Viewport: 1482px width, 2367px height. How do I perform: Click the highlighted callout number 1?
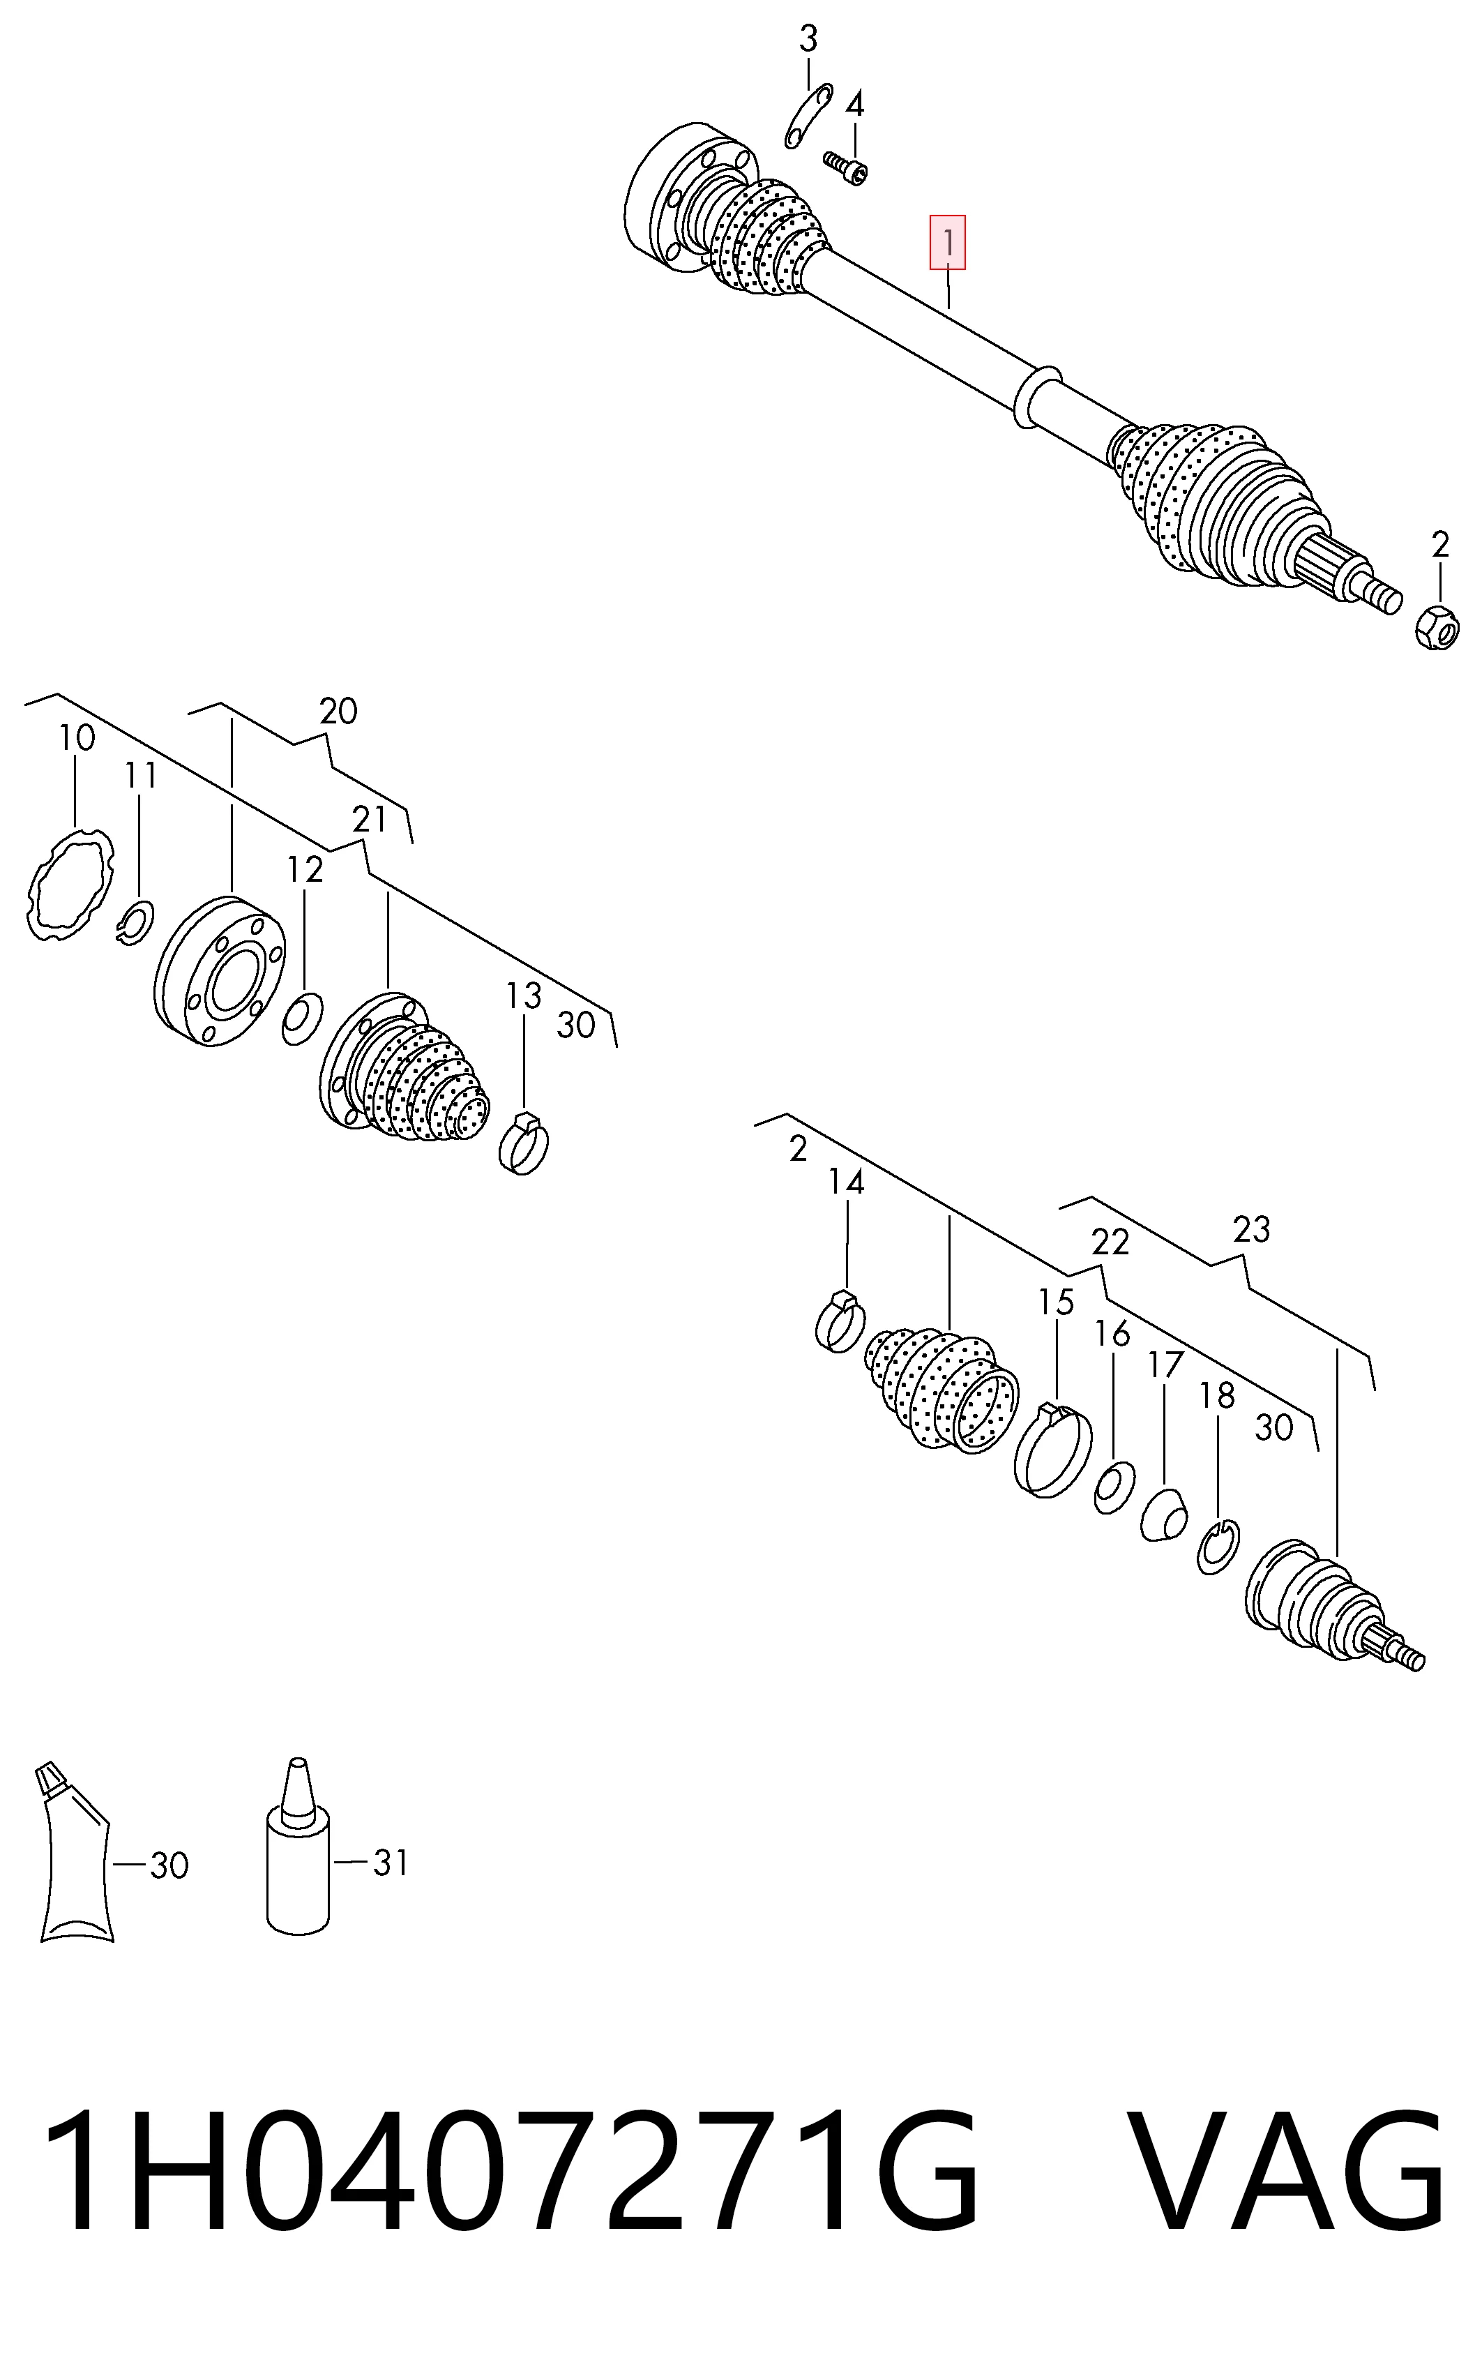pos(948,242)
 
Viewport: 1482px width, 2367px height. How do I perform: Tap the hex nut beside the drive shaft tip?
pos(1437,625)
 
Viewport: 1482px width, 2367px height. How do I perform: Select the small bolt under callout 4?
pos(845,167)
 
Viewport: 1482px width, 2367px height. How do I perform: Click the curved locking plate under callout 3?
pos(808,117)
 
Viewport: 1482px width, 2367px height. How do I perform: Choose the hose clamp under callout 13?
pos(523,1144)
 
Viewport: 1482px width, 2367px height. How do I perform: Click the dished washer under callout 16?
pos(1114,1488)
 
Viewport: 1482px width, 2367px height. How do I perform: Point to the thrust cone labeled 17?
pos(1165,1516)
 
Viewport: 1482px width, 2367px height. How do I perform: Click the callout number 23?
pos(1250,1228)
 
